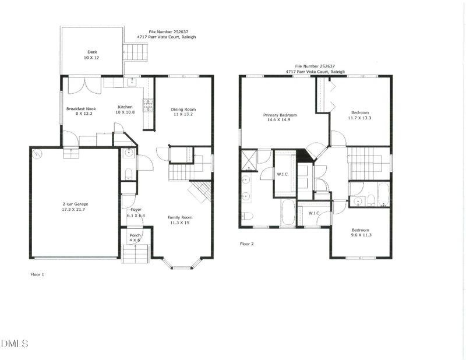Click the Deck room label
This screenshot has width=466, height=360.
[92, 52]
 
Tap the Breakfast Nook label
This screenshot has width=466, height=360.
[81, 109]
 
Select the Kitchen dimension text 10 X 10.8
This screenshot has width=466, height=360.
[125, 112]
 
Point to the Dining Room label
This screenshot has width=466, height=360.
[183, 109]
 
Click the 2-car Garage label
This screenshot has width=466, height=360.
[75, 204]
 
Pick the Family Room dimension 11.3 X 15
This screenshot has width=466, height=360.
[180, 223]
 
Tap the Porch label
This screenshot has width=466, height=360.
[135, 235]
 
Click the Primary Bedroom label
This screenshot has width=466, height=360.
[280, 115]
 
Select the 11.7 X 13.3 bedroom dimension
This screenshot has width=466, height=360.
[359, 118]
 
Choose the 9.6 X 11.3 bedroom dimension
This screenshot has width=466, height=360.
[361, 235]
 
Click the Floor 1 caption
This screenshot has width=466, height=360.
[37, 274]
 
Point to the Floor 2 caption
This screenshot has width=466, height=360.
[246, 243]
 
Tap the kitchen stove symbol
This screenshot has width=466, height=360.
[149, 105]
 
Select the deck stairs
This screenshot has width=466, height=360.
[135, 52]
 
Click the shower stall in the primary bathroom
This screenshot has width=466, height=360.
[249, 160]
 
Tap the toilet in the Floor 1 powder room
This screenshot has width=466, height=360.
[128, 174]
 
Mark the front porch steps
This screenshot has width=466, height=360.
[136, 253]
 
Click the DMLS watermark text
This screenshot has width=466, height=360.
[15, 344]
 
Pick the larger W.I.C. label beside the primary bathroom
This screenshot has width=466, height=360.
[283, 174]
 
